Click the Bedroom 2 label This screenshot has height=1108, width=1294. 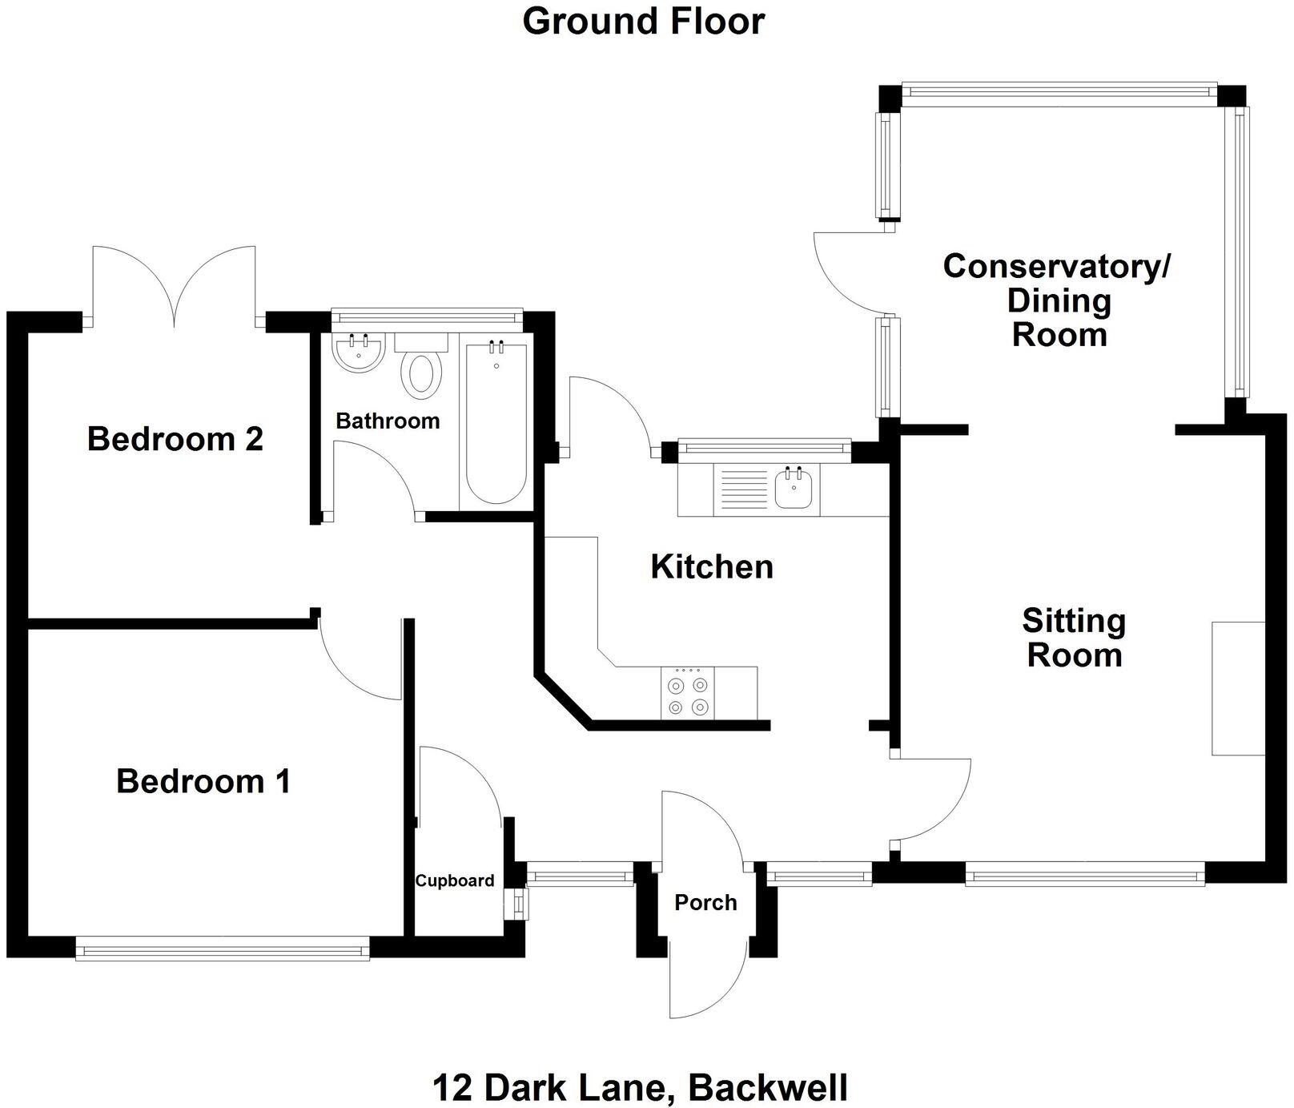(x=175, y=439)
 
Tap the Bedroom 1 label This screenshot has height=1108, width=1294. (x=203, y=781)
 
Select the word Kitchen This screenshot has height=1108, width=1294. (x=712, y=567)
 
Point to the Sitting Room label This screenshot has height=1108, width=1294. (x=1074, y=638)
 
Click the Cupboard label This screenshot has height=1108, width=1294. (x=454, y=881)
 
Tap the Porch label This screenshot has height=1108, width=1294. (x=705, y=903)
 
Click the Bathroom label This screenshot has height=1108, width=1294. (x=388, y=421)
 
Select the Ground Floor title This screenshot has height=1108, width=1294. (x=643, y=21)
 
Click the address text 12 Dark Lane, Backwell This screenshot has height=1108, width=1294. (x=640, y=1089)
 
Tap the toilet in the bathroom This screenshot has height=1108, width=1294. (x=424, y=370)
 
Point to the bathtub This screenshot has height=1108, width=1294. (x=496, y=423)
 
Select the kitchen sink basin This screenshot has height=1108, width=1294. (x=794, y=488)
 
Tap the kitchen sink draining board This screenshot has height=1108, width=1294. (x=743, y=490)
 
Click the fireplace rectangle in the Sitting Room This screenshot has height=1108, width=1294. (x=1238, y=688)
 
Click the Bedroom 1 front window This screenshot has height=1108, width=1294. (x=223, y=951)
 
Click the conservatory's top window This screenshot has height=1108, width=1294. (x=1059, y=92)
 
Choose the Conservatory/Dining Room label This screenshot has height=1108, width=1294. (x=1058, y=300)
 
